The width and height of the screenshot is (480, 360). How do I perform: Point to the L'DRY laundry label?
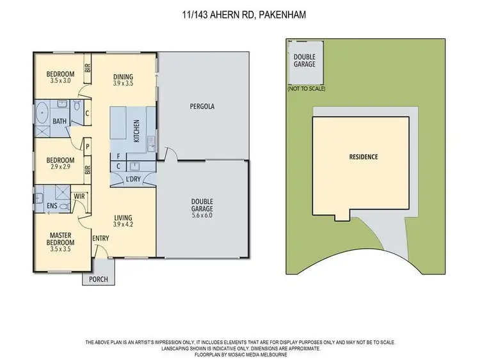coord(133,179)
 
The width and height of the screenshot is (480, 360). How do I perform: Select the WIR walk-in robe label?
coord(80,196)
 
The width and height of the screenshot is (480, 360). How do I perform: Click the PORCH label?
coord(99,279)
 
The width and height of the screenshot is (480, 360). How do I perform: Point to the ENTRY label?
coord(100,239)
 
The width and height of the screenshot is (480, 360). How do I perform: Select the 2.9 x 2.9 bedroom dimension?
coord(62,168)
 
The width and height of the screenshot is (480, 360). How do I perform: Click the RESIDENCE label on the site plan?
coord(363,157)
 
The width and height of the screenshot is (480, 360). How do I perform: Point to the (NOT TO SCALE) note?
coord(307,89)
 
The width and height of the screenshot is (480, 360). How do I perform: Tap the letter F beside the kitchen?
coord(118,155)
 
